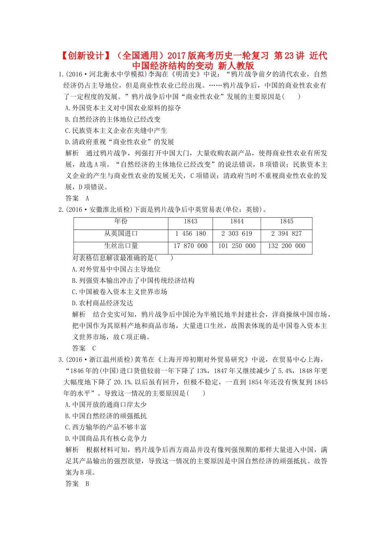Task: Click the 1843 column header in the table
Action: pos(190,221)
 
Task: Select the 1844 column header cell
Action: pos(236,221)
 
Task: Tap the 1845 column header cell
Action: pos(286,221)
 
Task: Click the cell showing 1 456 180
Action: pos(190,234)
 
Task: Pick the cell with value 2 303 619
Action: pos(236,234)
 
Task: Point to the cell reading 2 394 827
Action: pos(286,234)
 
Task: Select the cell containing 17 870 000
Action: pos(190,246)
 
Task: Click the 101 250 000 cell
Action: pos(236,246)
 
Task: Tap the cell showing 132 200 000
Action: pos(286,246)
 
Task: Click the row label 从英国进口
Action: pos(121,234)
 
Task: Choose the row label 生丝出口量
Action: pos(121,246)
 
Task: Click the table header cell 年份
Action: pos(121,221)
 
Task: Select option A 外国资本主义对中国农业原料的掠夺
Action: pos(123,108)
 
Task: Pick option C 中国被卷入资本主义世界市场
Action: pos(119,292)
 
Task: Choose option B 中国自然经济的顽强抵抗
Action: pos(106,416)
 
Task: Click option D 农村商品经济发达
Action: pos(102,303)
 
